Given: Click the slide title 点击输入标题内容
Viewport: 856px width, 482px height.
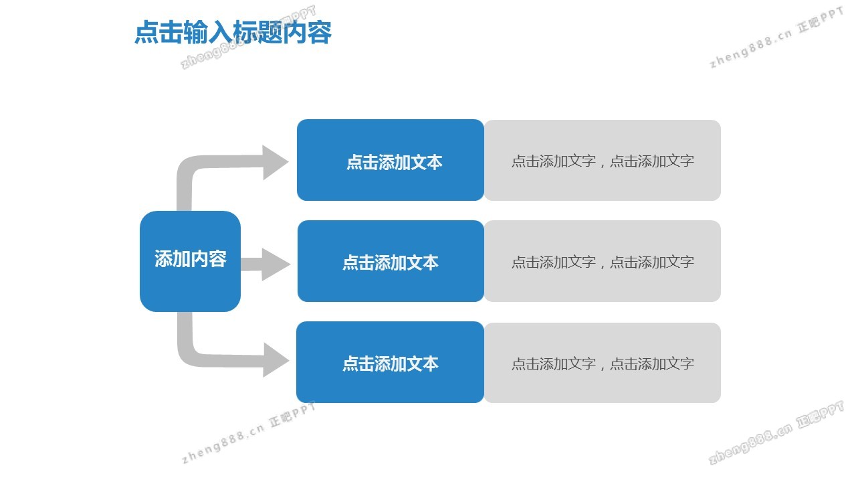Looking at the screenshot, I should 233,32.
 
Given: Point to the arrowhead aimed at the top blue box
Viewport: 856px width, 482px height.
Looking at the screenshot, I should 275,162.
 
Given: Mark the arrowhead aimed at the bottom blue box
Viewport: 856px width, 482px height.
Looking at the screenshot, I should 275,360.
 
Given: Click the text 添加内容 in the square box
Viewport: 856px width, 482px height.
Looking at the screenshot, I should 191,259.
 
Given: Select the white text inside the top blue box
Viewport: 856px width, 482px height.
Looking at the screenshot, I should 394,162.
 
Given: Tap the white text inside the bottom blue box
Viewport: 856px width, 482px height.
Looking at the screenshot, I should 391,364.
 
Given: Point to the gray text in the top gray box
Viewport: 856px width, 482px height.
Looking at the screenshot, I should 603,161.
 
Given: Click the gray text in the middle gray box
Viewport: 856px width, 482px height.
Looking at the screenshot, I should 603,262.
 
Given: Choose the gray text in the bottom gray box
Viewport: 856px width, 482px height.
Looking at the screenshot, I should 603,364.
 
